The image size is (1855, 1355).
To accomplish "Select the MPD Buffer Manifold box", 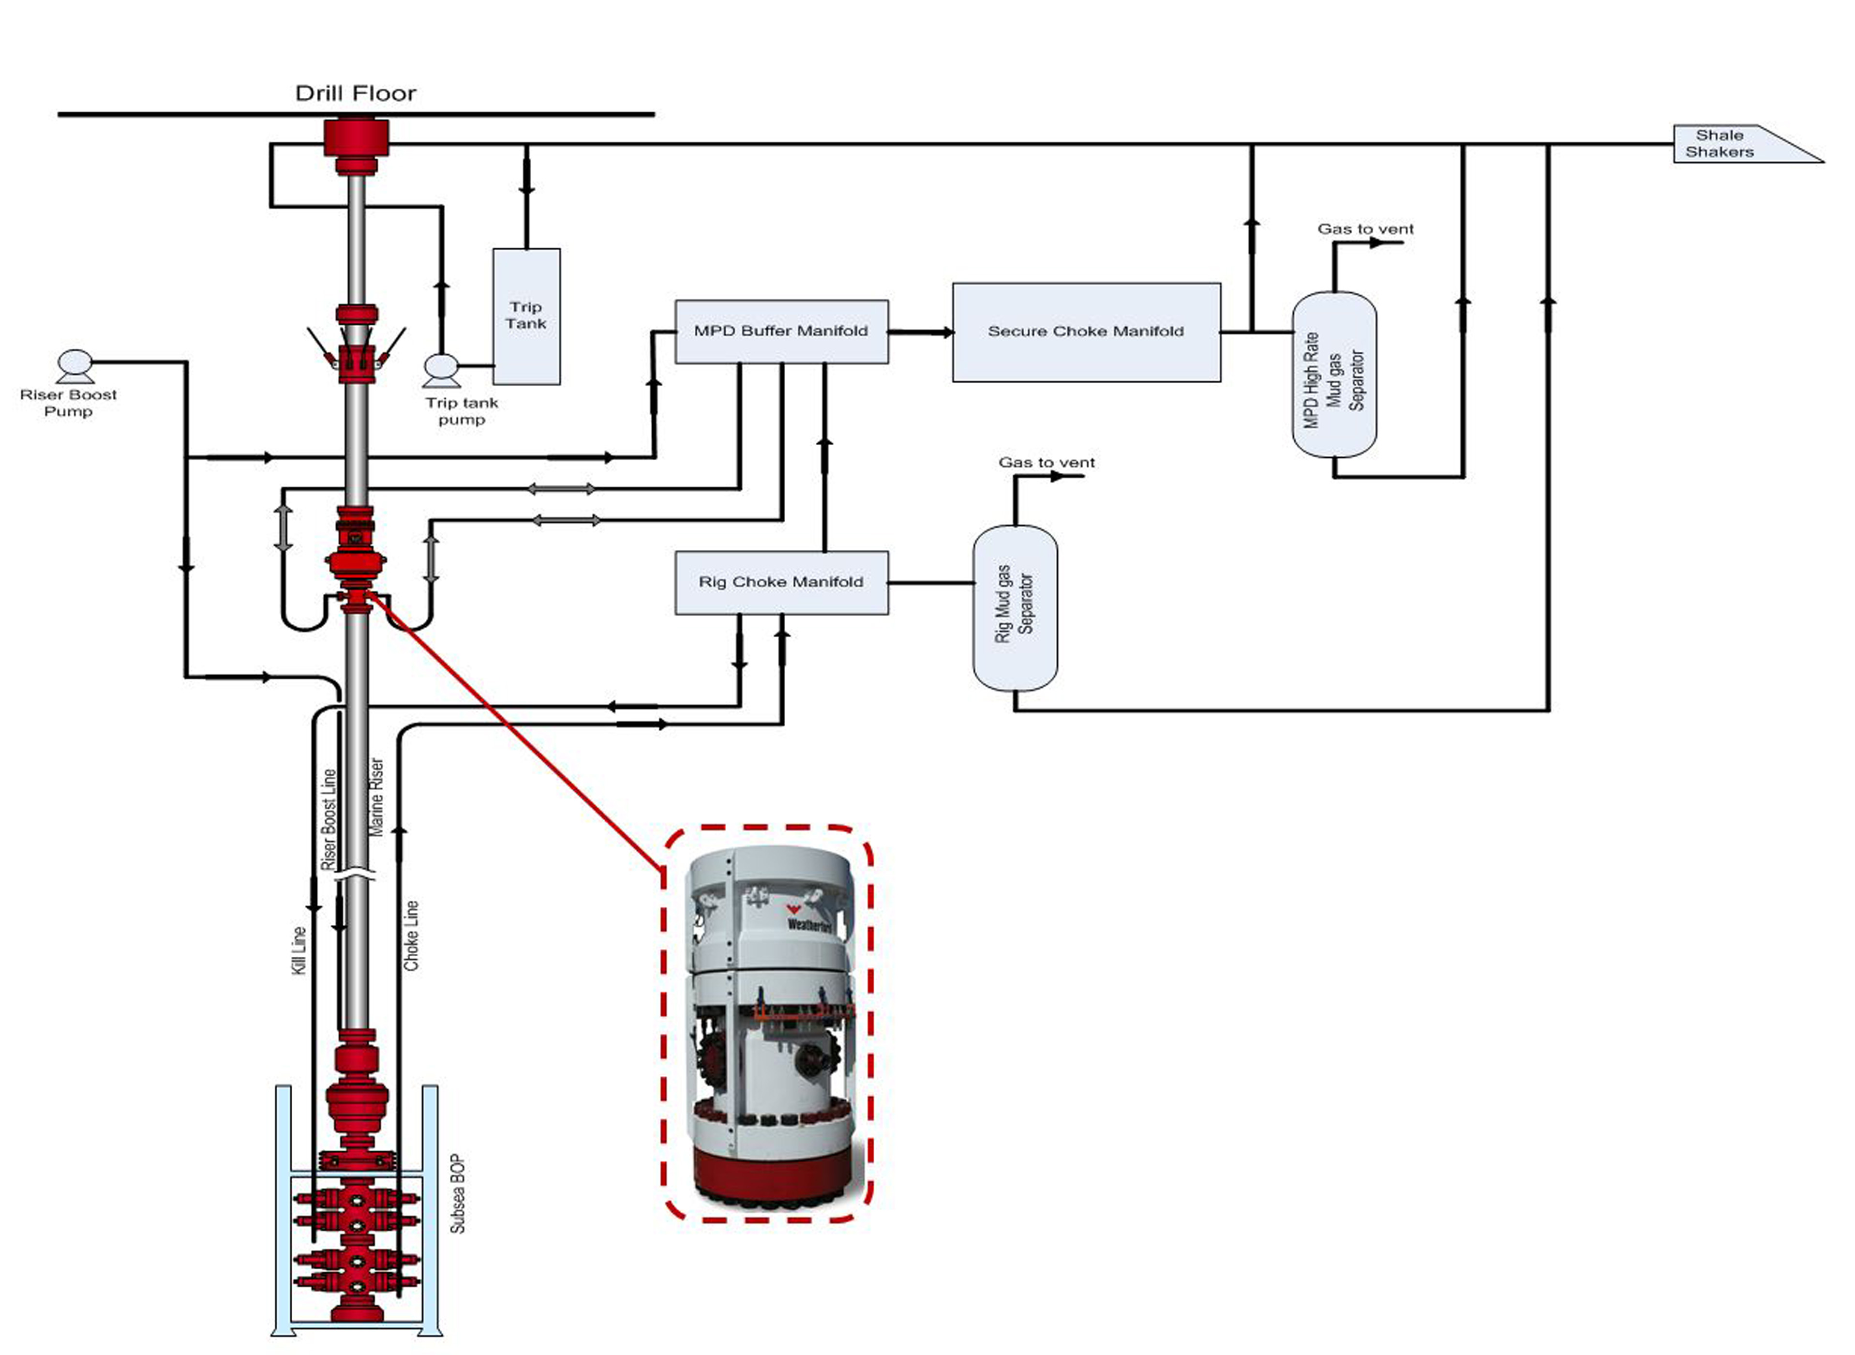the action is click(781, 331).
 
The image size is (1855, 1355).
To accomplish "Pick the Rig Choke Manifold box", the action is click(781, 582).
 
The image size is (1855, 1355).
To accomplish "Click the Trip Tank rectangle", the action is click(526, 316).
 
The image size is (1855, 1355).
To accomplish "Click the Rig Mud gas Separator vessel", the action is click(1015, 608).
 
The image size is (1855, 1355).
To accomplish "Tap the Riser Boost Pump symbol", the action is click(75, 365).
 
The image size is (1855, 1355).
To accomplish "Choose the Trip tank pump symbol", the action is click(441, 370).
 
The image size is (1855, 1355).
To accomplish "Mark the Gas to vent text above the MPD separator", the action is click(1365, 229).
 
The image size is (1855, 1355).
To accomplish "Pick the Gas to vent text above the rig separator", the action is click(1047, 463).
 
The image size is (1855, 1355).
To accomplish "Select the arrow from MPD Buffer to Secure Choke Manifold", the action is click(921, 332).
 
